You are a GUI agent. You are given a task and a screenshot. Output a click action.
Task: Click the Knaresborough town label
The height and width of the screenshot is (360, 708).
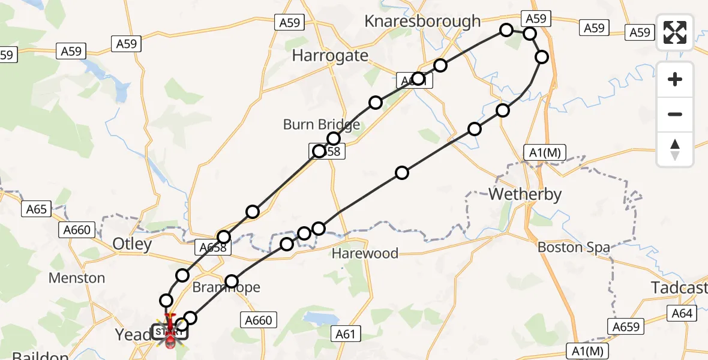(422, 22)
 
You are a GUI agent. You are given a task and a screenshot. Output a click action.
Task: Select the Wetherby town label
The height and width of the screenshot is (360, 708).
(525, 194)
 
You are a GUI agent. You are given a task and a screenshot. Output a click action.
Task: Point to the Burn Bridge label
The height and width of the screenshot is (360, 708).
(322, 125)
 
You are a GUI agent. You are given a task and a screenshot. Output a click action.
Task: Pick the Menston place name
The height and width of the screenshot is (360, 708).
(76, 278)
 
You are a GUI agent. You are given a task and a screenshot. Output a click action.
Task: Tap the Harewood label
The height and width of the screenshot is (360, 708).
(365, 253)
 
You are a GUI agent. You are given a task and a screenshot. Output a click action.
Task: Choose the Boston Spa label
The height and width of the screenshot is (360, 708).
(573, 247)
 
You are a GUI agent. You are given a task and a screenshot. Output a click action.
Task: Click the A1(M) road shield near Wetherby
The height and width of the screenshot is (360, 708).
(544, 152)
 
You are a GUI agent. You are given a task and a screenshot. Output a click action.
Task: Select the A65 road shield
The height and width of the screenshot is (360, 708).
(37, 209)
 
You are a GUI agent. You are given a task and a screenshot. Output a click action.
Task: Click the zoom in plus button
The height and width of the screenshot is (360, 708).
(675, 79)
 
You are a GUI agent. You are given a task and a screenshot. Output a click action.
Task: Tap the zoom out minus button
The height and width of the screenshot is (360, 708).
(675, 114)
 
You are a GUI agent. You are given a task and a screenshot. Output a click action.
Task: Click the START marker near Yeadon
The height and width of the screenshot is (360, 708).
(170, 331)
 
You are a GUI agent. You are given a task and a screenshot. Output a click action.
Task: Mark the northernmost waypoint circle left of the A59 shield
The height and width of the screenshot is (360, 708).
(506, 30)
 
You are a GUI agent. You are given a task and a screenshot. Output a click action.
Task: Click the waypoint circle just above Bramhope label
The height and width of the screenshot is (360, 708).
(232, 281)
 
